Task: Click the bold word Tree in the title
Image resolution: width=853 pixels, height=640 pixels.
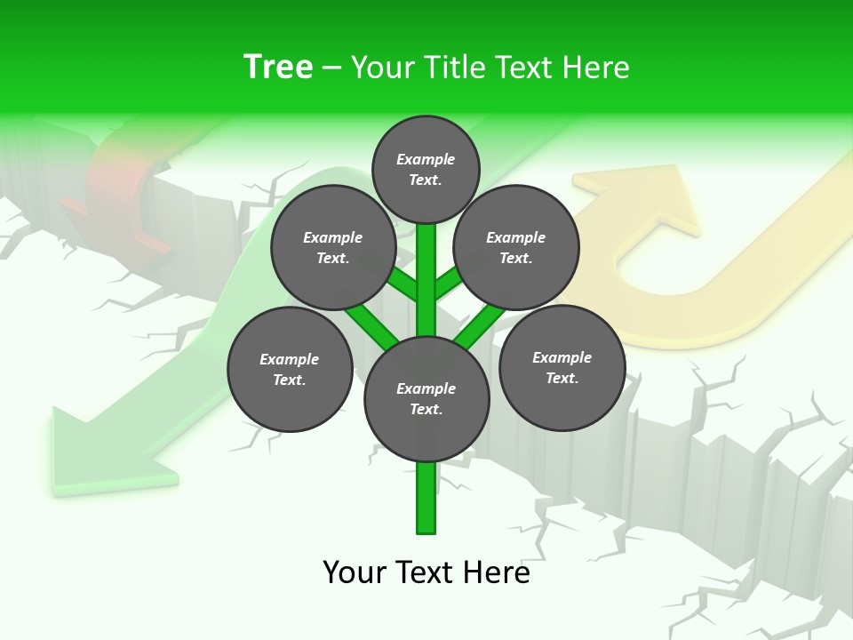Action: [278, 67]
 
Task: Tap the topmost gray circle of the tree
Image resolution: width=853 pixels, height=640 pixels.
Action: [426, 169]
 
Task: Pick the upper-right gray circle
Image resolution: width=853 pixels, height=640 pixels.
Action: [515, 247]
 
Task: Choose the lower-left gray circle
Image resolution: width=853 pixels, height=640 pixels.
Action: [289, 369]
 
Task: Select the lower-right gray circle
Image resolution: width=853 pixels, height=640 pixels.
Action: [562, 367]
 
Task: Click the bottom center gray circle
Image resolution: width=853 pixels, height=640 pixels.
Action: [426, 398]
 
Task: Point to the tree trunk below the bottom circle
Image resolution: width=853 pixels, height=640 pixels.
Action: [426, 498]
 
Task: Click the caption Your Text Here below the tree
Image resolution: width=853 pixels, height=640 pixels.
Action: [426, 572]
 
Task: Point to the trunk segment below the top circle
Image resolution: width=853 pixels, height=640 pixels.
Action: [426, 267]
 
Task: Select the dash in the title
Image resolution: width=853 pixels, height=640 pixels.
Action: [331, 68]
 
